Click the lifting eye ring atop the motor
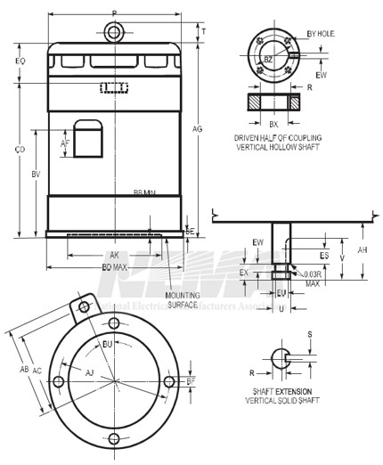[113, 33]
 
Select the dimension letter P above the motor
[113, 13]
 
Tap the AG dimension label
[198, 129]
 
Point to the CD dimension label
[20, 149]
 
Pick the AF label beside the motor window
[65, 143]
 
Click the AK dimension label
[114, 255]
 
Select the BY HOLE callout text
[319, 34]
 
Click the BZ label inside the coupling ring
[268, 58]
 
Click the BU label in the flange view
[107, 343]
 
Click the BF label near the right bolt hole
[191, 381]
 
